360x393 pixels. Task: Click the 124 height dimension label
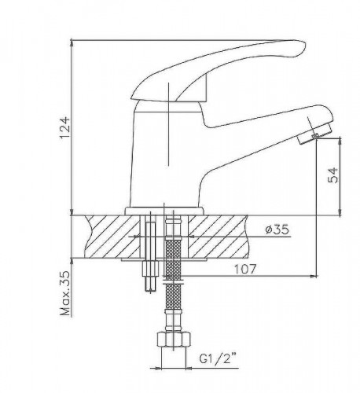pos(65,128)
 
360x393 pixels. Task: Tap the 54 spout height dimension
pos(333,174)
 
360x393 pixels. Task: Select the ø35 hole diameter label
pos(277,230)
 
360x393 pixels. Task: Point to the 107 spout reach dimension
pos(244,269)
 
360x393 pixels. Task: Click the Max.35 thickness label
pos(65,292)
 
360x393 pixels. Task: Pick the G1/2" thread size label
pos(218,358)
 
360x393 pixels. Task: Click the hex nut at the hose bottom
pos(174,340)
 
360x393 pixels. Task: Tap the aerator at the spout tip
pos(316,134)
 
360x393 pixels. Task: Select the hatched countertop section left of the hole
pos(112,237)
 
